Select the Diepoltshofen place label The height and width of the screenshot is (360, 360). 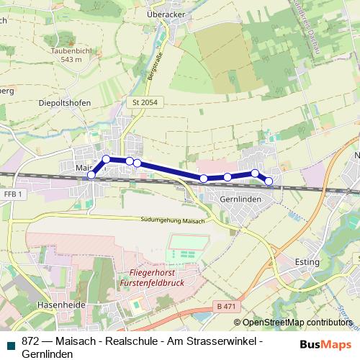[x=63, y=103]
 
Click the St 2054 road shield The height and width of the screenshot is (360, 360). [x=145, y=103]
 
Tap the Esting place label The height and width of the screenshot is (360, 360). [x=307, y=262]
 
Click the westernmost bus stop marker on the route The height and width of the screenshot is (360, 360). [x=91, y=175]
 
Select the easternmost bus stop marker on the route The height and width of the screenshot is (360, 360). [x=269, y=181]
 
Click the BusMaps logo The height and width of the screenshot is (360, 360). [x=325, y=343]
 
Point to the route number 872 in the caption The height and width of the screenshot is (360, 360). [x=31, y=341]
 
